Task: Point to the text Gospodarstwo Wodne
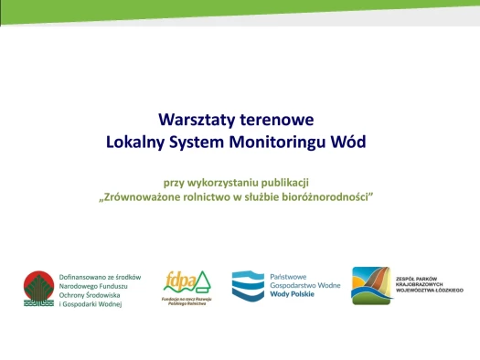(x=303, y=286)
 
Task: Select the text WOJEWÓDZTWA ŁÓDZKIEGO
(x=431, y=290)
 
